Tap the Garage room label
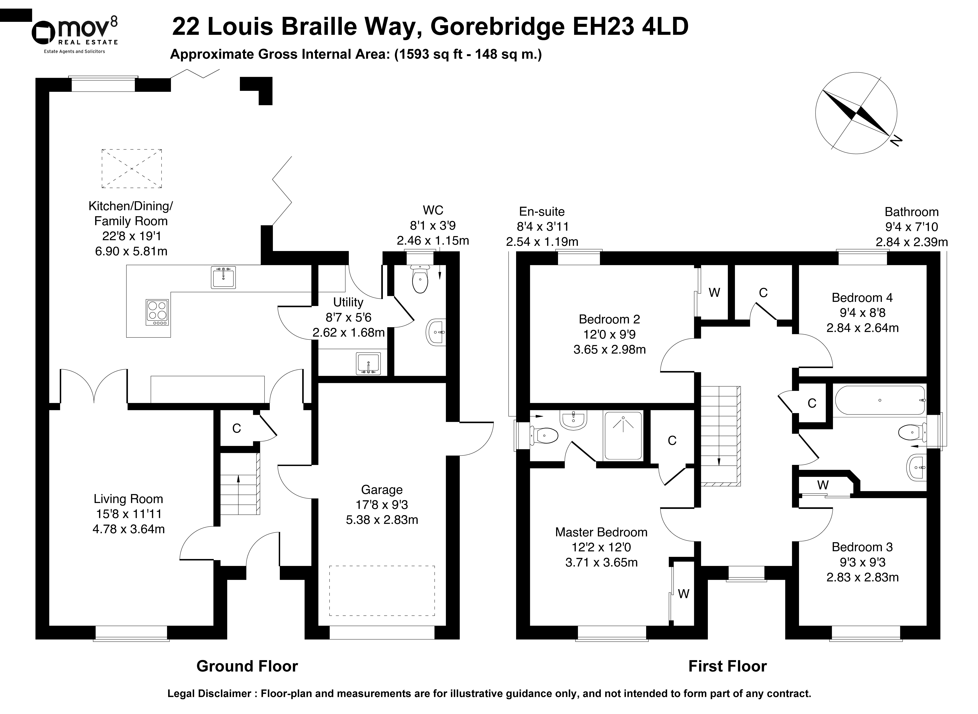[382, 490]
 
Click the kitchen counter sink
[223, 277]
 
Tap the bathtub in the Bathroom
[880, 400]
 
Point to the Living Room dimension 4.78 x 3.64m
[128, 529]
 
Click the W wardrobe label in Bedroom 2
[714, 293]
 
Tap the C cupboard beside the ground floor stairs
[236, 428]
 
